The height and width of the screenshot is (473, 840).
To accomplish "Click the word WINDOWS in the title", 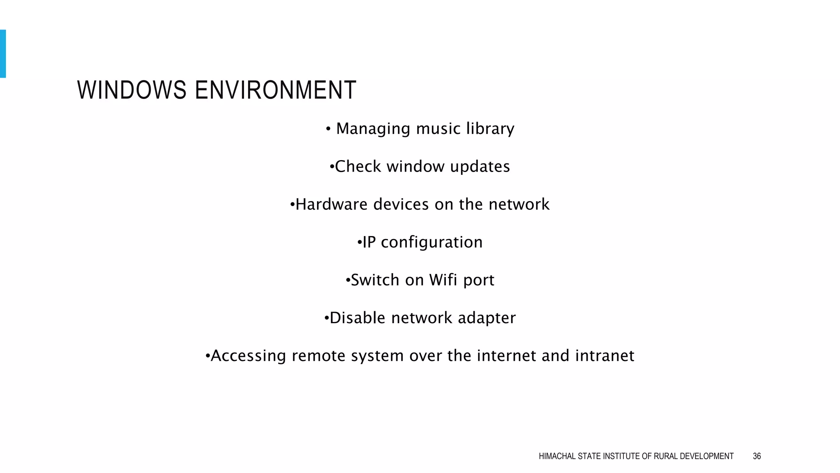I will pyautogui.click(x=132, y=90).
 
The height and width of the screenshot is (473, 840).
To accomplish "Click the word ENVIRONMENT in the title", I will pyautogui.click(x=275, y=90).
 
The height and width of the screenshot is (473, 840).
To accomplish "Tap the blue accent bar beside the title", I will pyautogui.click(x=3, y=53).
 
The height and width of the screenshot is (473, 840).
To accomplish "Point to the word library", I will pyautogui.click(x=490, y=129).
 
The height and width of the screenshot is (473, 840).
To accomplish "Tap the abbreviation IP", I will pyautogui.click(x=369, y=242).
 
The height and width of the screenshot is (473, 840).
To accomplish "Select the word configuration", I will pyautogui.click(x=431, y=243).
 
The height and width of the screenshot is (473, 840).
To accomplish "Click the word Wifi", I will pyautogui.click(x=443, y=280).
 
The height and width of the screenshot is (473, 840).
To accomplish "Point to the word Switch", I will pyautogui.click(x=375, y=280).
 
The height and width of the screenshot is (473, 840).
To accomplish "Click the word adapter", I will pyautogui.click(x=486, y=318).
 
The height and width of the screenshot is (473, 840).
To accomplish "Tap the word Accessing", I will pyautogui.click(x=248, y=356).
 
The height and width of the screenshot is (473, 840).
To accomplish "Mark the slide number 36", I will pyautogui.click(x=757, y=456).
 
